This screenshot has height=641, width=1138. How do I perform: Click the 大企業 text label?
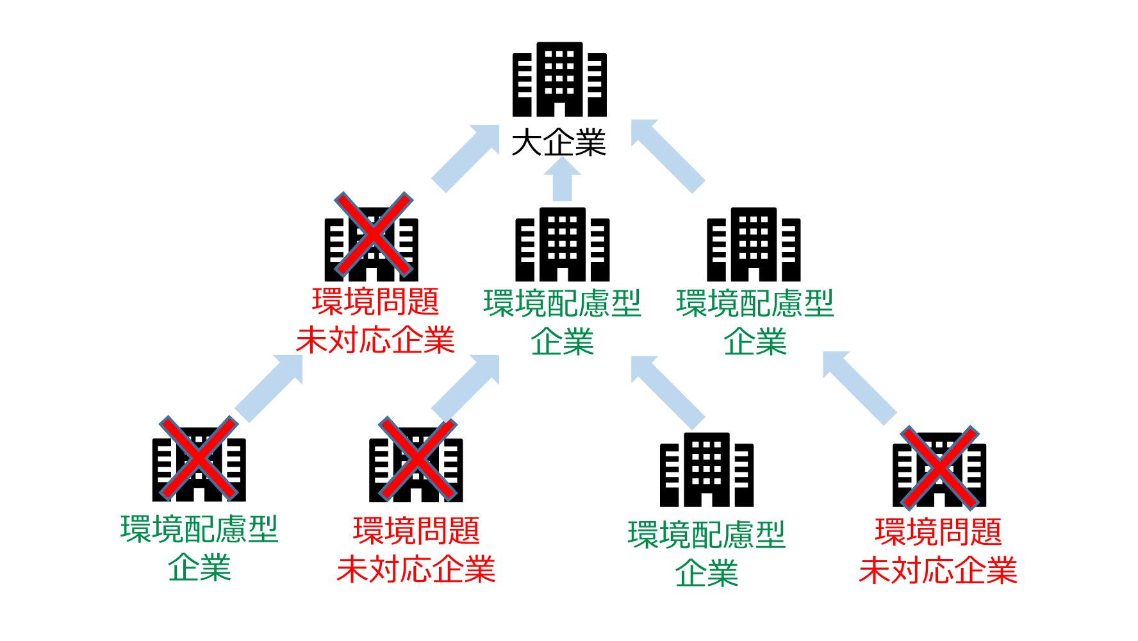click(559, 142)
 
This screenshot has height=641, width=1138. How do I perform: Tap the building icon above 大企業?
click(559, 79)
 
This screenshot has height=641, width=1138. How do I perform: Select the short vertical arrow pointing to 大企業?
click(562, 180)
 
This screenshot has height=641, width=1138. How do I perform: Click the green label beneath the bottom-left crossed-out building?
click(199, 548)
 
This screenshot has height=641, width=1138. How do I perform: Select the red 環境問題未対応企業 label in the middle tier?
click(375, 320)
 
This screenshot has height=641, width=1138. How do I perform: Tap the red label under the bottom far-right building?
click(938, 551)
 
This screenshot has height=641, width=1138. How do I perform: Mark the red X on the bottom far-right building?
click(939, 468)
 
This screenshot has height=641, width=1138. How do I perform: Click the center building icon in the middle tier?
click(563, 245)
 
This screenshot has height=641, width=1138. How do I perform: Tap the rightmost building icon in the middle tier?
click(754, 245)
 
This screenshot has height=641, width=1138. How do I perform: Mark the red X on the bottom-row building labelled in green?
click(199, 458)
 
